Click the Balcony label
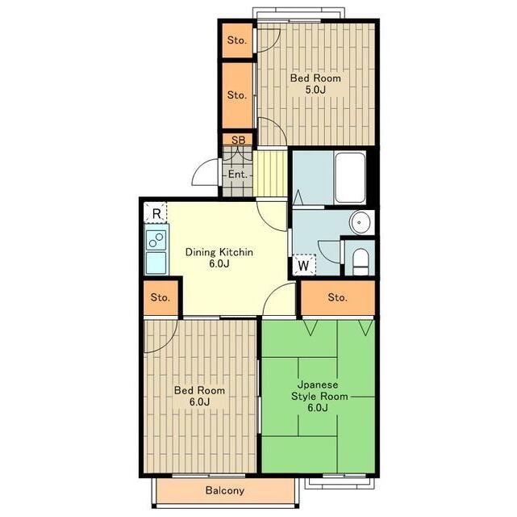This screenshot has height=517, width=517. click(224, 490)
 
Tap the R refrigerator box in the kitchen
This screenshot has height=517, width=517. click(156, 213)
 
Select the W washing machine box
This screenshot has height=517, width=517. click(304, 265)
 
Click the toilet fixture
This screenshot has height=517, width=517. click(360, 262)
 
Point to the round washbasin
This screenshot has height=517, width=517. click(361, 222)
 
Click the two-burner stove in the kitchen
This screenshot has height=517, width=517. click(156, 237)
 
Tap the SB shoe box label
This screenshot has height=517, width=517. click(239, 140)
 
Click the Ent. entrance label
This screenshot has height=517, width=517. click(238, 174)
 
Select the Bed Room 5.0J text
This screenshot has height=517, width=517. click(315, 84)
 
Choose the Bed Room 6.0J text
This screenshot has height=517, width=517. click(199, 396)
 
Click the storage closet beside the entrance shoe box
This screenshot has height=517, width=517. click(237, 95)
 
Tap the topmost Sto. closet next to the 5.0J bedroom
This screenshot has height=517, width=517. click(237, 40)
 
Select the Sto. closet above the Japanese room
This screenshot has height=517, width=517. click(338, 297)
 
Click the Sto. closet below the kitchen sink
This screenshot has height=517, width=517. click(161, 297)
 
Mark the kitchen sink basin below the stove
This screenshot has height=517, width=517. click(156, 263)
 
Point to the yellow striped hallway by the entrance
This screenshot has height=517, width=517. click(270, 174)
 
